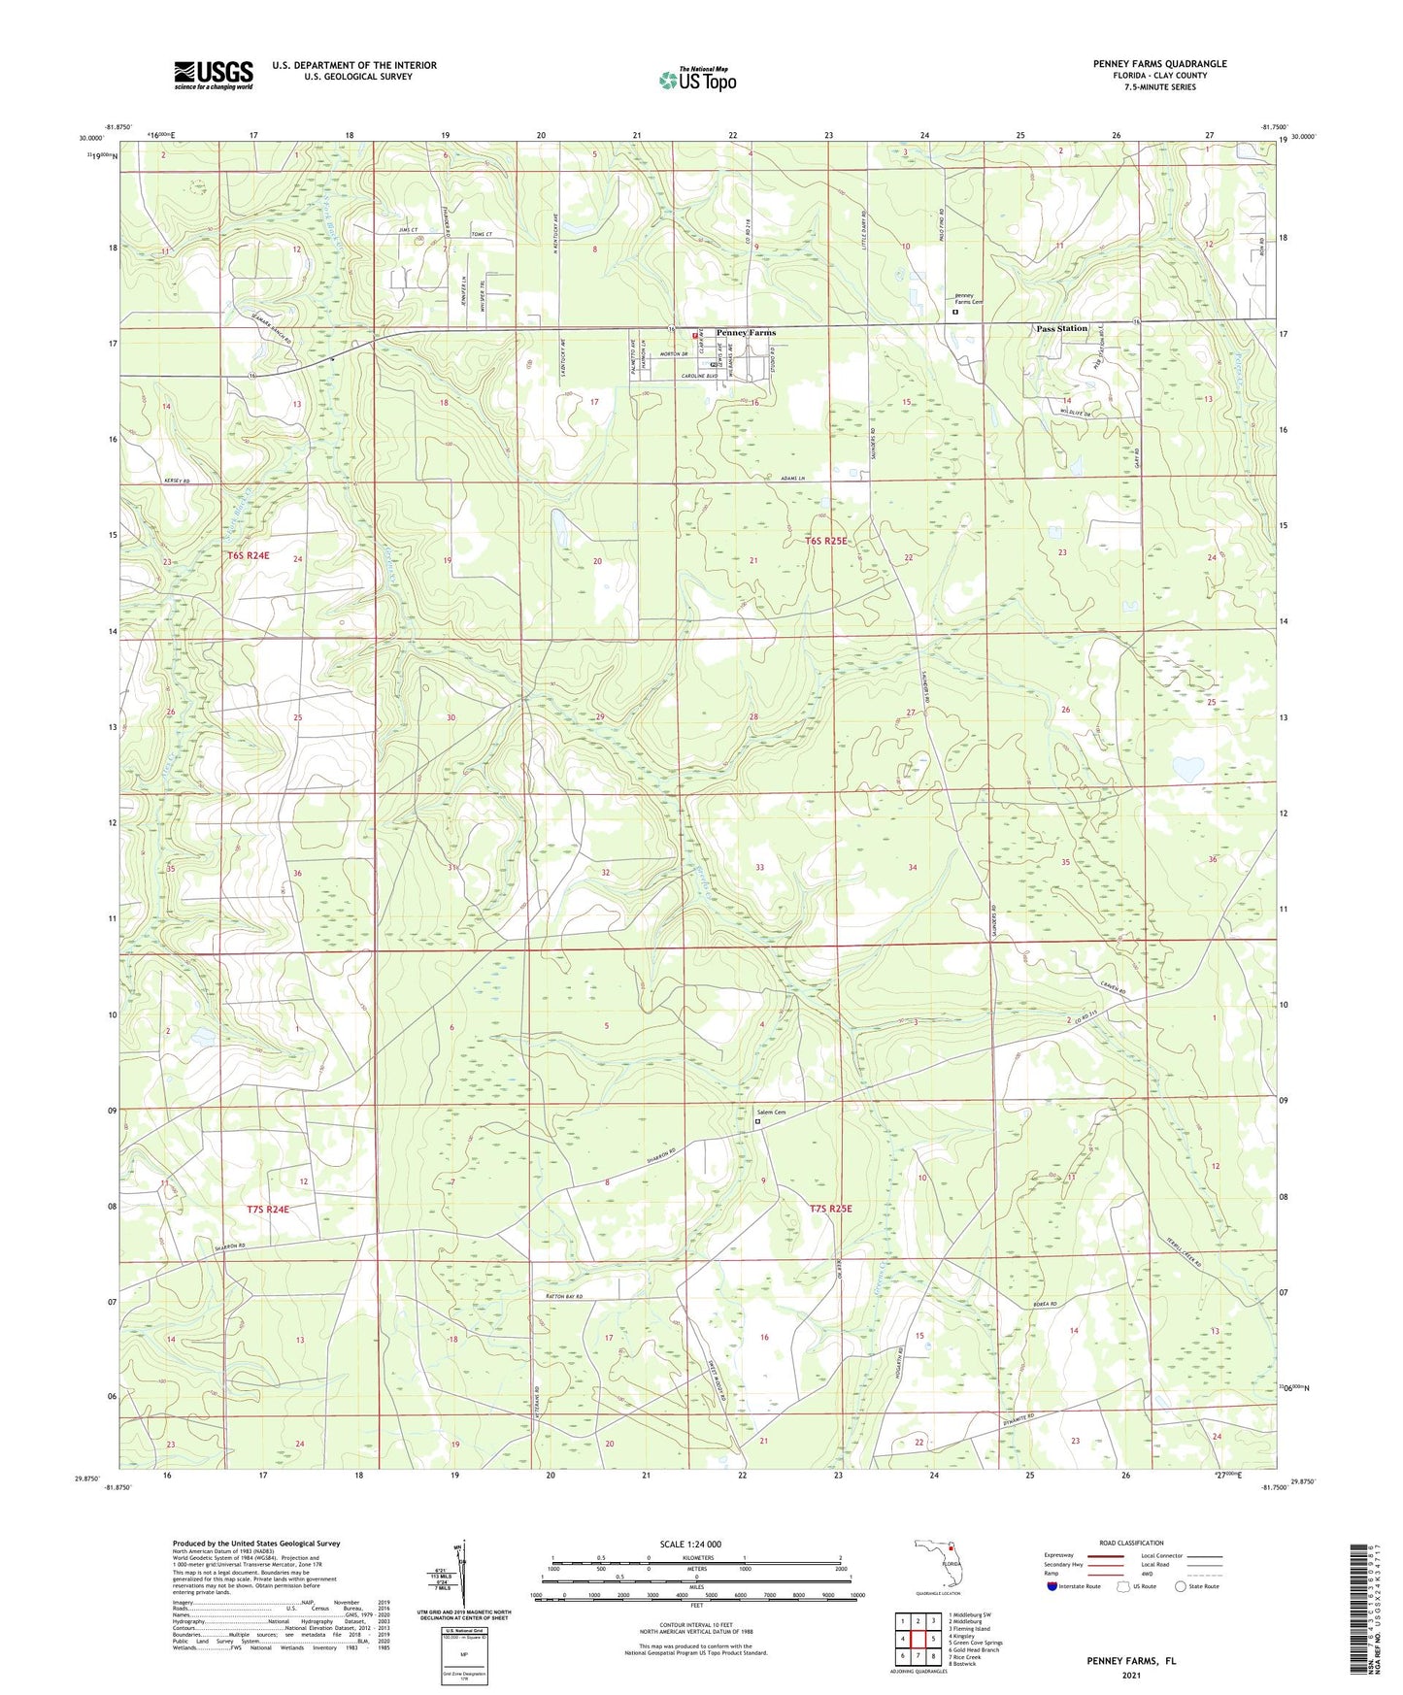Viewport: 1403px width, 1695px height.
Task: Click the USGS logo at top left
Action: tap(214, 74)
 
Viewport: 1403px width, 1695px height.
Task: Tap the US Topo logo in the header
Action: tap(698, 80)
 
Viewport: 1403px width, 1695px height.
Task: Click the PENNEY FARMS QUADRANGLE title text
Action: tap(1159, 64)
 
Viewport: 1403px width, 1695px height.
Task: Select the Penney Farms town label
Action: tap(746, 333)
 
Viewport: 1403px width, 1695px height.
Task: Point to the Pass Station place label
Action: tap(1061, 329)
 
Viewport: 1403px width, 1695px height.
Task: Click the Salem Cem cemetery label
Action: tap(771, 1112)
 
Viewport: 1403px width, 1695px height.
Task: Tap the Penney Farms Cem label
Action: tap(968, 299)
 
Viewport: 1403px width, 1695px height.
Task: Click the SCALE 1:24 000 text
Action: tap(690, 1544)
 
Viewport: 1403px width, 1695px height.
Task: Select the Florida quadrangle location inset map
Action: tap(938, 1565)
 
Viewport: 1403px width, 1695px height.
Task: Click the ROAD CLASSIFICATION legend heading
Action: tap(1131, 1543)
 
